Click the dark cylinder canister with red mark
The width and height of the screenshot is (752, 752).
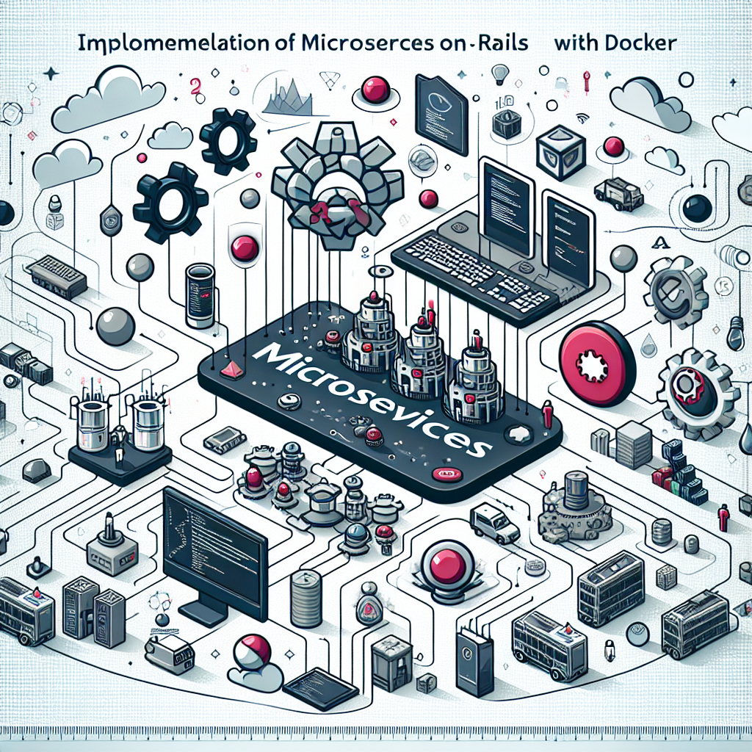click(199, 295)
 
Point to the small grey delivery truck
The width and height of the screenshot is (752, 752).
click(618, 194)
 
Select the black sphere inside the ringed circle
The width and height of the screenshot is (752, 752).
click(696, 209)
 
